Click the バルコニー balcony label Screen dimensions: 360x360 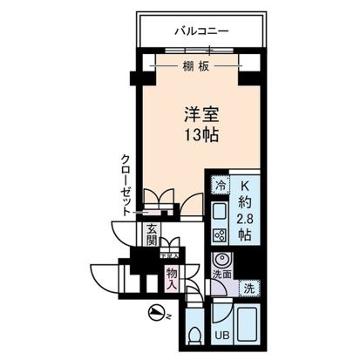[200, 32]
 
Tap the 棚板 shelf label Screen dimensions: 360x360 [194, 67]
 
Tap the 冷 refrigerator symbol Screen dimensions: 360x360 [221, 186]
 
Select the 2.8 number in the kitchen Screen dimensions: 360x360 [246, 219]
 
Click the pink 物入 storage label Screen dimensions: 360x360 [172, 278]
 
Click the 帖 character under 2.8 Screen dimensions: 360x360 [246, 235]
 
